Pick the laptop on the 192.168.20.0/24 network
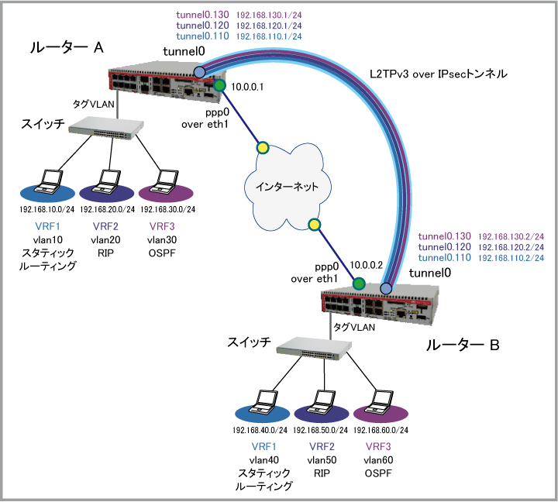(x=107, y=183)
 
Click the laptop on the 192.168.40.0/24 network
(x=262, y=403)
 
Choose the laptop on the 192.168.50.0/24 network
(x=321, y=403)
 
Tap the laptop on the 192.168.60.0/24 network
(x=379, y=403)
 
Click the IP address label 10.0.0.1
(x=249, y=87)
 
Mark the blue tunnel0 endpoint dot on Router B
(x=385, y=289)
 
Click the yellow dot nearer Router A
(x=263, y=147)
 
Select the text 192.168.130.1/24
(x=269, y=15)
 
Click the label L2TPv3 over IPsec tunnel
(x=438, y=75)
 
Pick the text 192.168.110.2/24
(x=511, y=257)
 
